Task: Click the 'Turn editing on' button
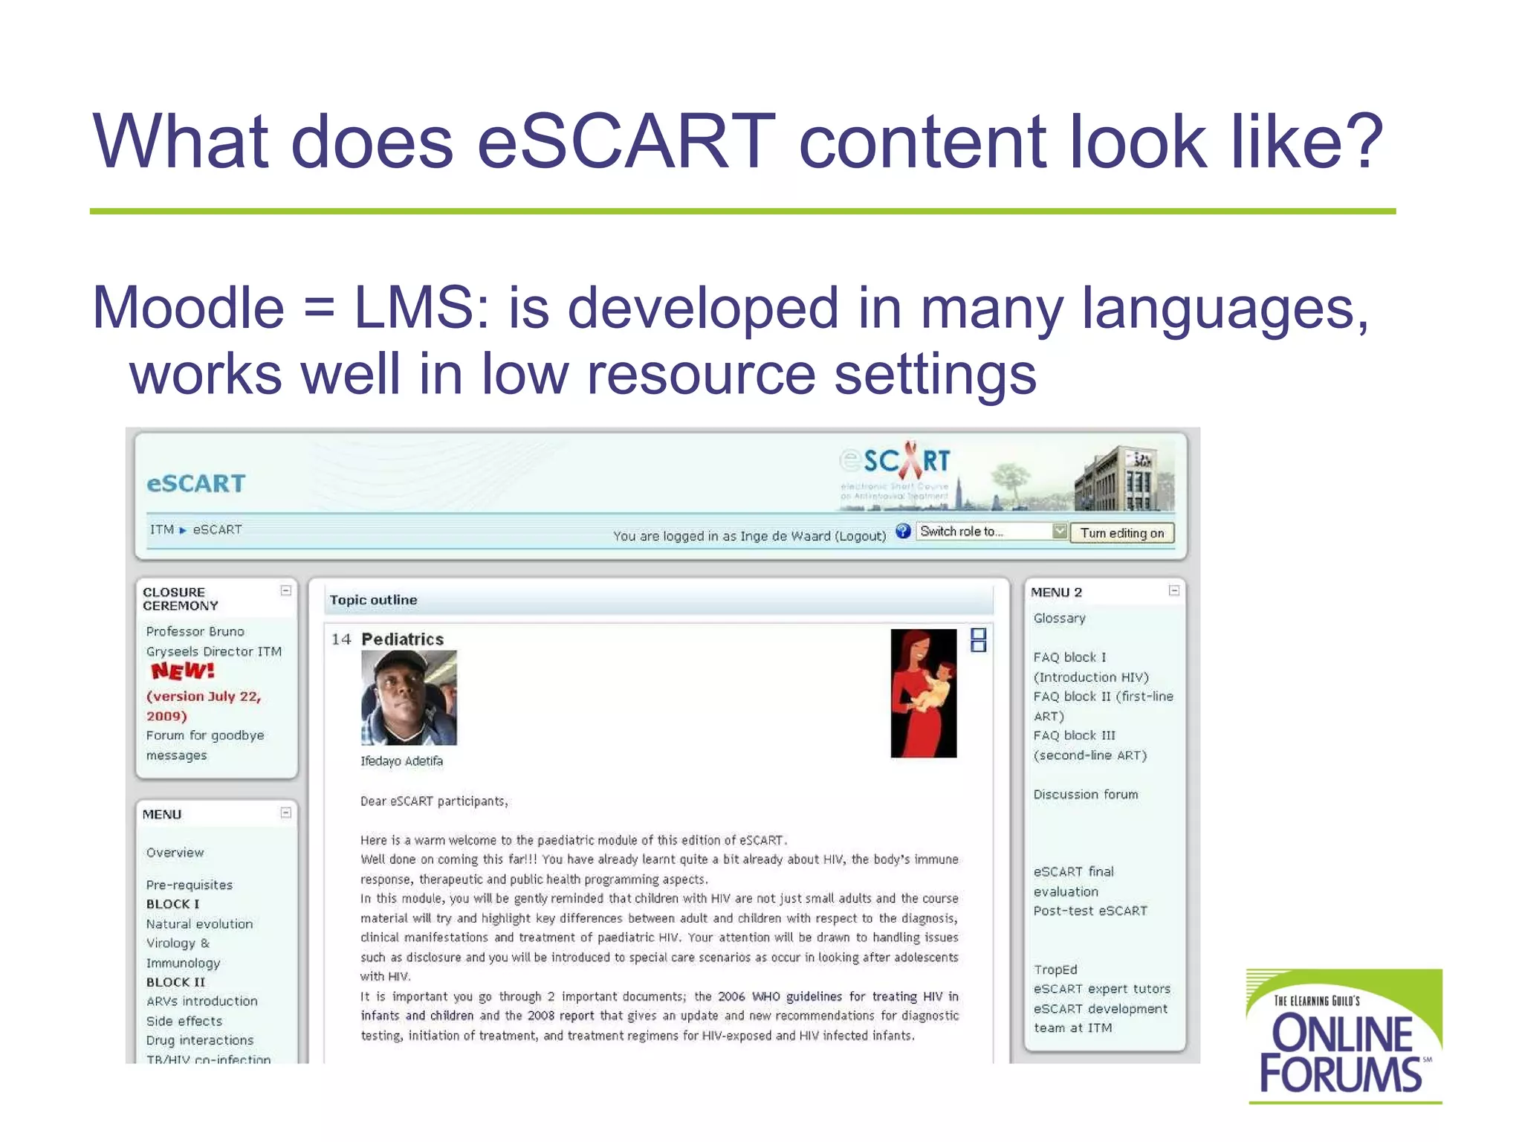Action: click(x=1121, y=533)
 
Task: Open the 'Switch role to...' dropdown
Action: click(x=991, y=532)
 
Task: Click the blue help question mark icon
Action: click(x=903, y=531)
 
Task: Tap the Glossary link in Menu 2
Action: click(x=1059, y=618)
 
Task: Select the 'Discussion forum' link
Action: click(x=1085, y=794)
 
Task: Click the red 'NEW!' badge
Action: click(x=183, y=671)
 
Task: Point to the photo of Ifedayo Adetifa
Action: click(x=409, y=697)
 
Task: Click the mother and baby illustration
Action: click(x=923, y=693)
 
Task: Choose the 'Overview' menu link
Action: click(x=175, y=853)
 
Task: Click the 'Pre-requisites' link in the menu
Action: click(x=189, y=885)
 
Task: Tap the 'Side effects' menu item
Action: click(x=184, y=1021)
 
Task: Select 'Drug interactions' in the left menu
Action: click(x=199, y=1040)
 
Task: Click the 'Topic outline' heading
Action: click(x=373, y=600)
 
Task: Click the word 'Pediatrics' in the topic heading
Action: click(x=402, y=639)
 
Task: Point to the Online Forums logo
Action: click(x=1344, y=1036)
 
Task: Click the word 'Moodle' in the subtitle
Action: click(x=188, y=308)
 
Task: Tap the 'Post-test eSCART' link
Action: click(x=1090, y=911)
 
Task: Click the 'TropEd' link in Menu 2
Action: click(x=1055, y=970)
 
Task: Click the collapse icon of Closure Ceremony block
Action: click(x=285, y=590)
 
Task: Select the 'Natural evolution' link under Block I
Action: click(x=199, y=924)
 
